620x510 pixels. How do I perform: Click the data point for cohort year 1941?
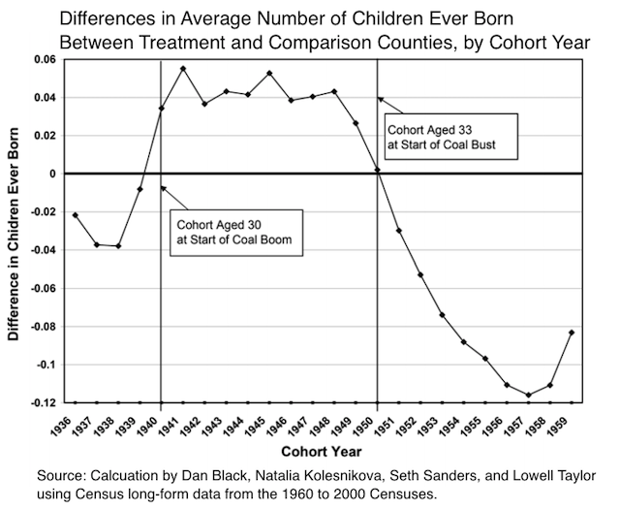point(183,68)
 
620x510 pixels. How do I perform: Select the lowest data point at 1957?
point(529,395)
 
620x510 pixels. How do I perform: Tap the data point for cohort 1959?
point(573,333)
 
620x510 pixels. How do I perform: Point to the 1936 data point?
point(75,214)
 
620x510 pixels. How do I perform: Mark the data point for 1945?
point(269,74)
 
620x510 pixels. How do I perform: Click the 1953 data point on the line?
point(443,315)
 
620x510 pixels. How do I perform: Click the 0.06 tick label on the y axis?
point(46,60)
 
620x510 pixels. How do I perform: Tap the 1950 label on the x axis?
point(377,424)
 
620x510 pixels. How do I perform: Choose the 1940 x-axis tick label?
point(161,424)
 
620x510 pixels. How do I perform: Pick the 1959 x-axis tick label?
point(572,424)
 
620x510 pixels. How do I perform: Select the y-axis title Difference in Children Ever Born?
point(15,232)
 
